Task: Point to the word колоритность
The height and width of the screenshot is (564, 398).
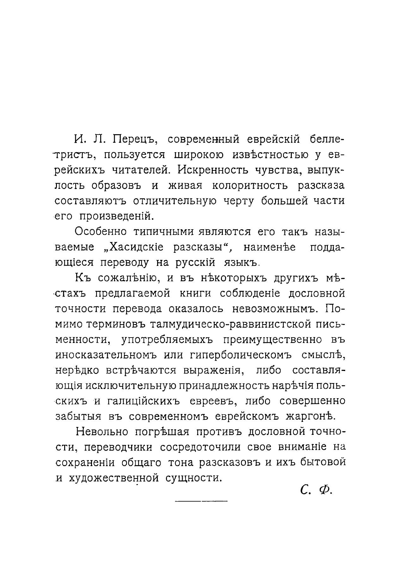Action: point(250,185)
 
